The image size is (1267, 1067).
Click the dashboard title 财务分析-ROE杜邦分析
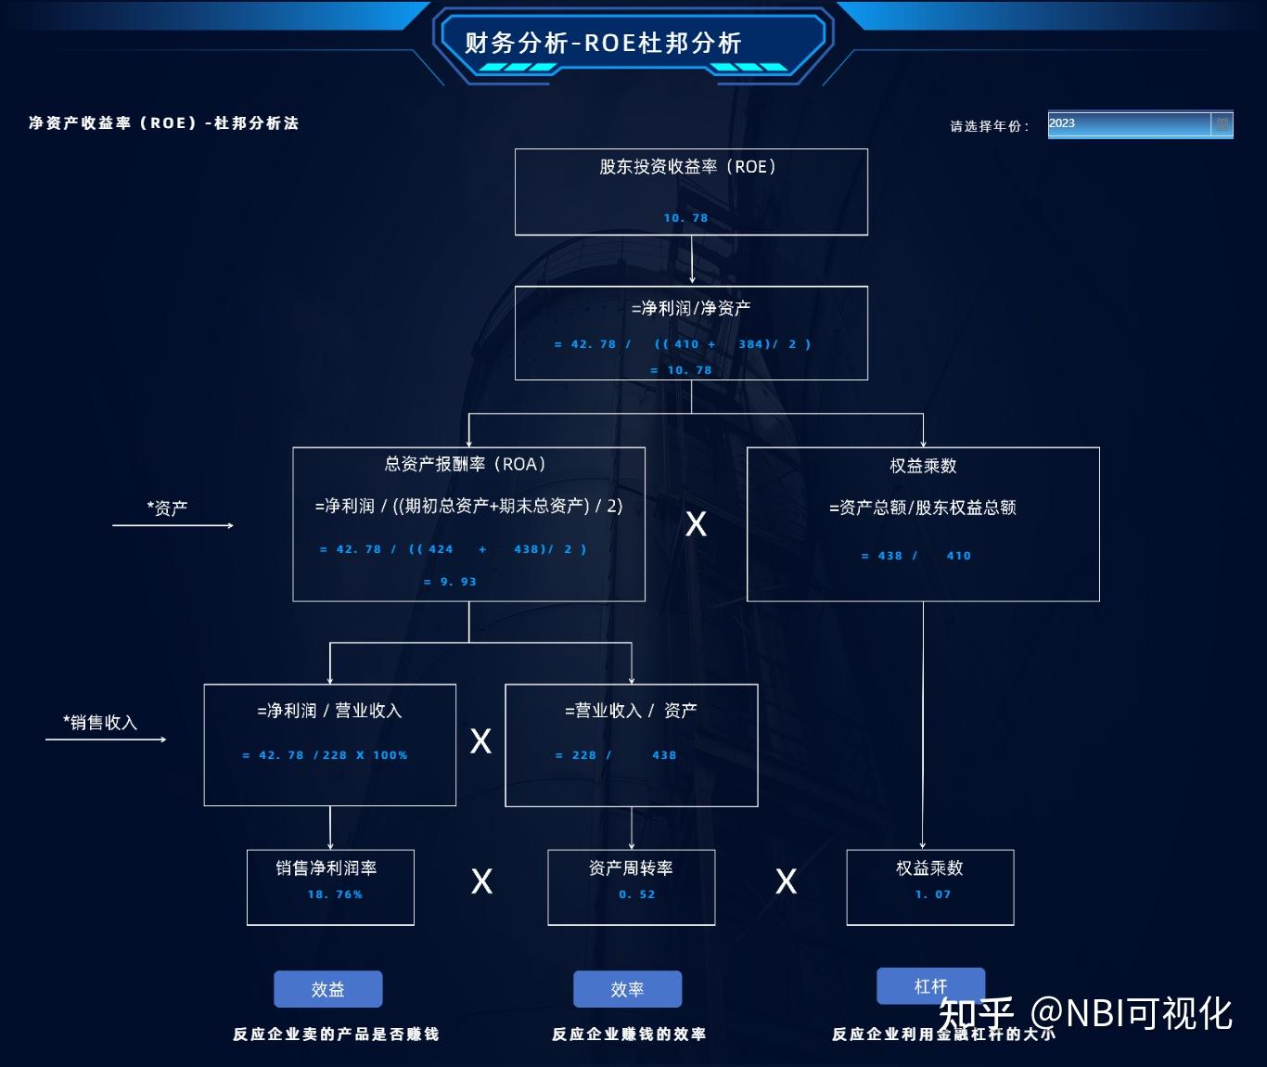click(603, 43)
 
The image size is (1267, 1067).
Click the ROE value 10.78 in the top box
click(685, 218)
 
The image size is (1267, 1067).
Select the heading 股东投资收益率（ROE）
click(687, 167)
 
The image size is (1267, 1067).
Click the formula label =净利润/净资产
click(691, 308)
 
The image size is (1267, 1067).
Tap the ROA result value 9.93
click(450, 582)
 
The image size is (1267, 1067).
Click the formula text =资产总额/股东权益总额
click(923, 508)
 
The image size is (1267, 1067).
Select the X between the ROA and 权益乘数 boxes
click(696, 524)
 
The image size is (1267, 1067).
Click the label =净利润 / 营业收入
click(329, 711)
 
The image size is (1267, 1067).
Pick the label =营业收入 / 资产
click(631, 711)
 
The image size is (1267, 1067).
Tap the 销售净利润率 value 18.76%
click(335, 894)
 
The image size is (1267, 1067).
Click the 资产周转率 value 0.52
click(637, 894)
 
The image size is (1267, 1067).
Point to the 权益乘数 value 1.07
click(932, 894)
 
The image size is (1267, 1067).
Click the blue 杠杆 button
click(930, 985)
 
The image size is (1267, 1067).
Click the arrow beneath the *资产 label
click(173, 526)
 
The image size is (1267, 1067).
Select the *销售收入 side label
click(100, 723)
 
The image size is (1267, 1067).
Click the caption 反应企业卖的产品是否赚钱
click(336, 1034)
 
